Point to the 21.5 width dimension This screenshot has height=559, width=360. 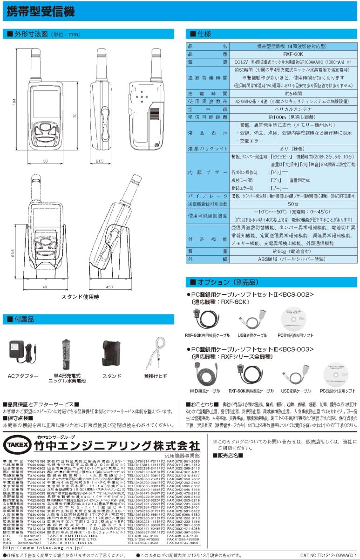(100, 161)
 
